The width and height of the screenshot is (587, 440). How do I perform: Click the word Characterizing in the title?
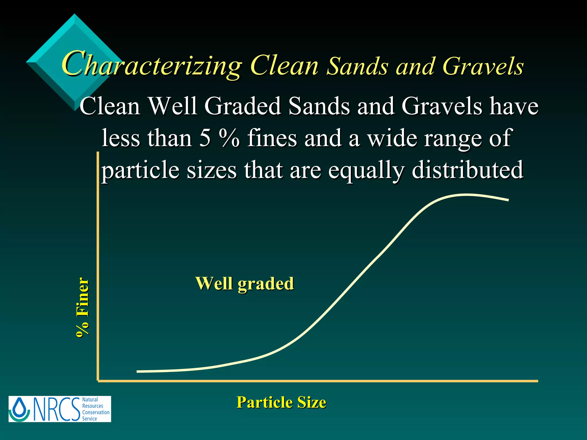152,65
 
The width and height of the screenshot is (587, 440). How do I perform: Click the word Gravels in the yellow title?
483,66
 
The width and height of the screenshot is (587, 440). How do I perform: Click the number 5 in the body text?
205,138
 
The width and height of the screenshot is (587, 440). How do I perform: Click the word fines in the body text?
272,138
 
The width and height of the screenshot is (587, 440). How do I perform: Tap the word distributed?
467,170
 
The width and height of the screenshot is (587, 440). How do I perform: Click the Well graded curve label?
244,284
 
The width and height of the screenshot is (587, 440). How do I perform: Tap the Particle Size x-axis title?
281,402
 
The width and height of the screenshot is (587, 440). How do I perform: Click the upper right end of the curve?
508,200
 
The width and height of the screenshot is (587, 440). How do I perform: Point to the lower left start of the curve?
138,372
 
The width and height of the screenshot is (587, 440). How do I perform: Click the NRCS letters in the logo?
57,409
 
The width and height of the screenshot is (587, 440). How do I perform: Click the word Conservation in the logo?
96,412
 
